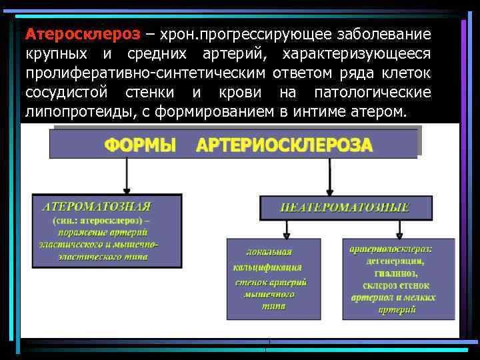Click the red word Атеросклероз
coord(83,33)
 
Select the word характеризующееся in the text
coord(357,53)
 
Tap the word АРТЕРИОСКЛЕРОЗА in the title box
coord(284,145)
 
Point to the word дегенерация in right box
coord(399,261)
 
